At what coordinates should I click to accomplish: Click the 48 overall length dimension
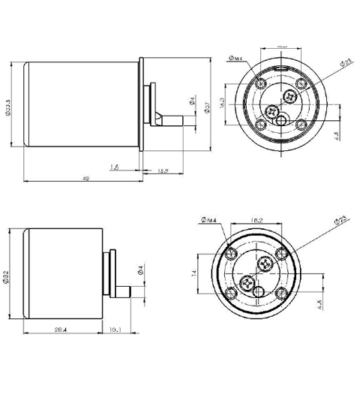point(85,179)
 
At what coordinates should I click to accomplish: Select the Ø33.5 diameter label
point(8,105)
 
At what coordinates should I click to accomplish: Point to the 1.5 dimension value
point(114,167)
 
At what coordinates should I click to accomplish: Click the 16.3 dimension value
point(222,103)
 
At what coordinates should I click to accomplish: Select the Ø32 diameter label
point(6,277)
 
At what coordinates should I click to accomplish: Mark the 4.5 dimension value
point(339,304)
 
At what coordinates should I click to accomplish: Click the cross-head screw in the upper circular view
point(291,95)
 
